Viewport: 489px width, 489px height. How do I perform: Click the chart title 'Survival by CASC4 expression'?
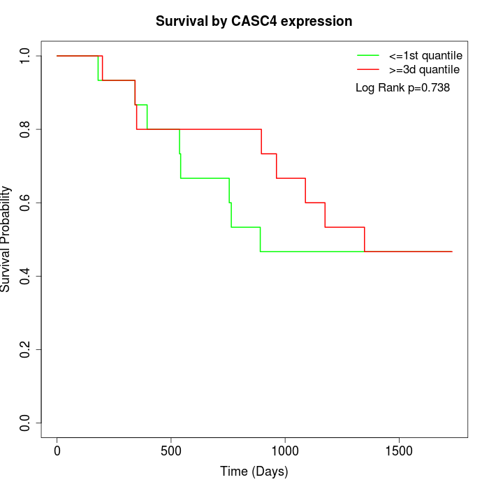[x=254, y=21]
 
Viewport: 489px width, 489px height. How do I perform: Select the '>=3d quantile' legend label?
[x=424, y=70]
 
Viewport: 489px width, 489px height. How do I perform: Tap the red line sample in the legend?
[x=368, y=70]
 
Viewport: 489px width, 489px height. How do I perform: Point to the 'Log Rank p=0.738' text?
[x=402, y=88]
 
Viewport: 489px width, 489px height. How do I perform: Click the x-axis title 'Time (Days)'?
[x=254, y=472]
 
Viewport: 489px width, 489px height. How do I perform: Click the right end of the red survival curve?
[x=452, y=251]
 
